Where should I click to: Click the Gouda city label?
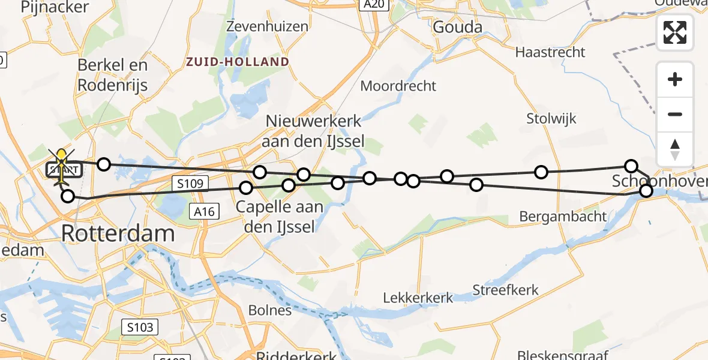coord(457,28)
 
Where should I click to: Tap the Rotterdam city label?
coord(118,233)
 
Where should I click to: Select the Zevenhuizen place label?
coord(268,26)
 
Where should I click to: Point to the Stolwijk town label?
coord(551,118)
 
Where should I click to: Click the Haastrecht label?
coord(550,52)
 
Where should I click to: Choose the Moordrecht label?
coord(398,86)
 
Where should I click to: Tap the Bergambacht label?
coord(563,217)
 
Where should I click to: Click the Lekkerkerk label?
coord(419,298)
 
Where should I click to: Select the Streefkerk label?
coord(505,290)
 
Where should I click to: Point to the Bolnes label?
coord(270,310)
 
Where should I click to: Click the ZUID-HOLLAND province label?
coord(238,62)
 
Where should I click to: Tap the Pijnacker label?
coord(55,7)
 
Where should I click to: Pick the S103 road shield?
coord(140,327)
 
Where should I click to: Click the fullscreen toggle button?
coord(675,32)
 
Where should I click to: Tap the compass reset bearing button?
coord(675,149)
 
